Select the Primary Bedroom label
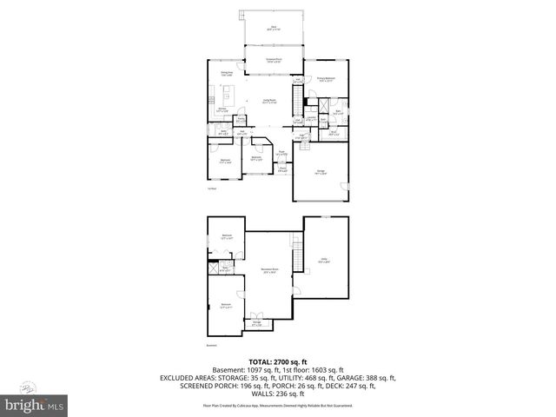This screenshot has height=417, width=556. [x=326, y=79]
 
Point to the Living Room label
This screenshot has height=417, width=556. [x=271, y=102]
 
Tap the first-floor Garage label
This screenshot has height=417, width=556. [x=321, y=173]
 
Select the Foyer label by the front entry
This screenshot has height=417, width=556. [x=281, y=153]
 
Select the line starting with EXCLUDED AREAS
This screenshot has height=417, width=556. [x=277, y=378]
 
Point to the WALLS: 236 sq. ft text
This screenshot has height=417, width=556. [x=277, y=394]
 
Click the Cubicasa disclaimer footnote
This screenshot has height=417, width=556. [x=277, y=405]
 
